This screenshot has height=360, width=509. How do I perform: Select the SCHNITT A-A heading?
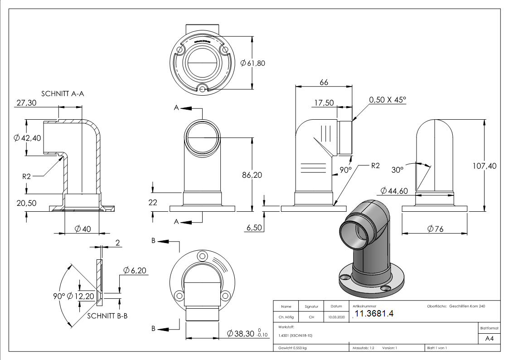pos(63,94)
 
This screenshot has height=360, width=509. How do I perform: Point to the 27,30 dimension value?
pos(26,103)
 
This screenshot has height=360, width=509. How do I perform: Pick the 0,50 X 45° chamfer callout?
pos(388,100)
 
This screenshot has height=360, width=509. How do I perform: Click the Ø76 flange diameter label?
pos(435,229)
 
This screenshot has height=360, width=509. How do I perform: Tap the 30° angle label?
pos(397,170)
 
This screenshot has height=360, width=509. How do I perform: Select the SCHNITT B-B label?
pos(107,316)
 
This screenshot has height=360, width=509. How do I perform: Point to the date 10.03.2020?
pos(336,317)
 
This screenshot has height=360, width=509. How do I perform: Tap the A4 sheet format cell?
pos(489,339)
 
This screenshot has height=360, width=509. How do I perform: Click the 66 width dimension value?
pos(324,82)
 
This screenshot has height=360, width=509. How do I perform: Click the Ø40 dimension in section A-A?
pos(83,229)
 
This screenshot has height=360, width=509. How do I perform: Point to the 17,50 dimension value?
pos(324,103)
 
